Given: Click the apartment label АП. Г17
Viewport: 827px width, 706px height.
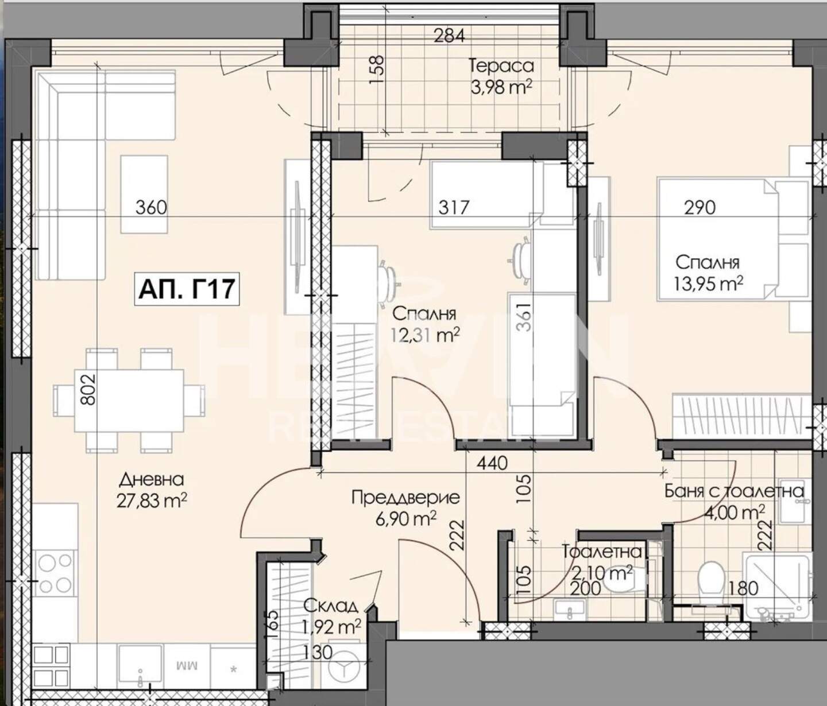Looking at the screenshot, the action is point(187,289).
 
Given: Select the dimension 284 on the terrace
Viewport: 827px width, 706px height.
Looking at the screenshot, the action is point(450,36).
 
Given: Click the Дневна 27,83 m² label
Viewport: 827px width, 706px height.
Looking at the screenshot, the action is point(152,490).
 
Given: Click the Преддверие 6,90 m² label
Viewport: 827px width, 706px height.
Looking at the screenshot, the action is point(405,509).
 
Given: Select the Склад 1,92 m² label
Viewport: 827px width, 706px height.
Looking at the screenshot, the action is point(332,618).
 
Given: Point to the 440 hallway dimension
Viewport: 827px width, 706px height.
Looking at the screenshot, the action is point(492,463).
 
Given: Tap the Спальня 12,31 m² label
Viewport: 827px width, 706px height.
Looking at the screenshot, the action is point(424,324).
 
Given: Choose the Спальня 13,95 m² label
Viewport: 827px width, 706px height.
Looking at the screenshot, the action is point(708,273).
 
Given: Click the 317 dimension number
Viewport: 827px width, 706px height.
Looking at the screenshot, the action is point(454,207).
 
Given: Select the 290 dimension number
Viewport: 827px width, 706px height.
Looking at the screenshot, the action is point(700,207).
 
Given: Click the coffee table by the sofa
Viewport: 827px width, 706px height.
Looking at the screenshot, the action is point(144,194).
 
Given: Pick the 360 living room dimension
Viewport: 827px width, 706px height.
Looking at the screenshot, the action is point(151,208).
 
